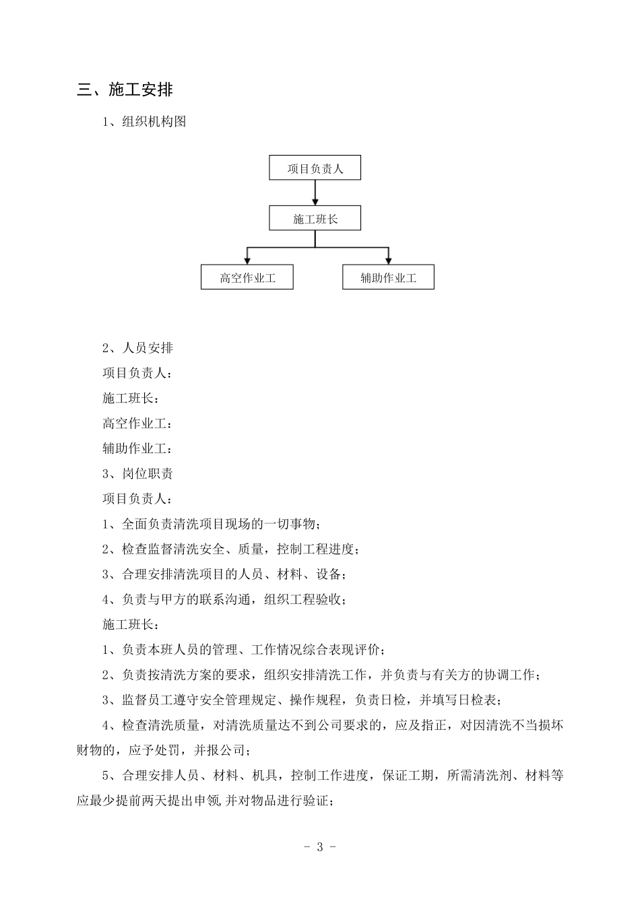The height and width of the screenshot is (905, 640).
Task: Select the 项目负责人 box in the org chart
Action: tap(315, 168)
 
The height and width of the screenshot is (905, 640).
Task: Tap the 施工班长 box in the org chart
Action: tap(315, 219)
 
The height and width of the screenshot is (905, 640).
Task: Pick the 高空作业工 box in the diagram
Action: tap(247, 277)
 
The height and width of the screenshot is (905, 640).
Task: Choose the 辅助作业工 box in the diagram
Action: tap(388, 277)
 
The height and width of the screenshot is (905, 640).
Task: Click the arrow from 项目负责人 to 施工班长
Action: tap(315, 193)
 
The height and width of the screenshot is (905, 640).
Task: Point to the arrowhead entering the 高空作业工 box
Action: tap(247, 261)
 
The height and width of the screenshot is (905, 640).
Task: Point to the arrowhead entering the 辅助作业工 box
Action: tap(388, 261)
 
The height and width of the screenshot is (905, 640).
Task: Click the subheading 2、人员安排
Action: tap(137, 348)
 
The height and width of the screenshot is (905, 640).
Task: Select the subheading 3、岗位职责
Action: tap(137, 474)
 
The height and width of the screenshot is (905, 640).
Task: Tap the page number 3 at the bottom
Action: tap(319, 847)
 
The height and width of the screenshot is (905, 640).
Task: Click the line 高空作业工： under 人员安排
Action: tap(137, 424)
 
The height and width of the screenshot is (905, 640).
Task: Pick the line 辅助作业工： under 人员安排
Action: tap(137, 448)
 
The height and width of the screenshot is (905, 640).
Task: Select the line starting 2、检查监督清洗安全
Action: tap(230, 549)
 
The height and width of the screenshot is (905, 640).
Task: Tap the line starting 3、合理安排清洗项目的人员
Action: tap(224, 574)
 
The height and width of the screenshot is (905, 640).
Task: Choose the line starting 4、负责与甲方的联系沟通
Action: tap(224, 599)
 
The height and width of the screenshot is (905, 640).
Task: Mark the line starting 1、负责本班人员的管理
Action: tap(243, 650)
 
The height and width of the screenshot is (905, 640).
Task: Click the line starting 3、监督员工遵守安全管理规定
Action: tap(301, 700)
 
